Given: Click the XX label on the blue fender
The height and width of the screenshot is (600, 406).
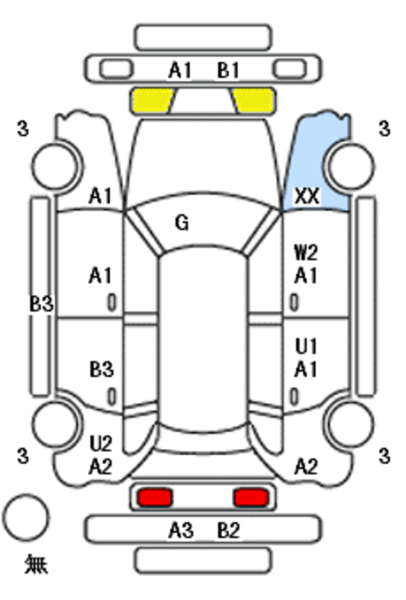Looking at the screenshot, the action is point(307,196).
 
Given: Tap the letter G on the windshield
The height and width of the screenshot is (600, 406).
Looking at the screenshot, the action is point(182,223).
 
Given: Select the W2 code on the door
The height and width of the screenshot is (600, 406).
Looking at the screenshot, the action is point(306,253).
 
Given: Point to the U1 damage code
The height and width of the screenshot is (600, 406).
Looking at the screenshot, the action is point(306,346).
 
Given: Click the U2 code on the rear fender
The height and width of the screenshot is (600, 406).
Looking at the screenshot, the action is point(101,443).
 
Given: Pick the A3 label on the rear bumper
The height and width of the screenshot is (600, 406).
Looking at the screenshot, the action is point(181,531).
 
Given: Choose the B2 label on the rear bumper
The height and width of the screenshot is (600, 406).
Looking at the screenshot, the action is point(228,531).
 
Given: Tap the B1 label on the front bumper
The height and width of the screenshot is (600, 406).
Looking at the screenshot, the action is point(228,71).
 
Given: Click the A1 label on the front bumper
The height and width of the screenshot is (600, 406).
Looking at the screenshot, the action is point(180,71).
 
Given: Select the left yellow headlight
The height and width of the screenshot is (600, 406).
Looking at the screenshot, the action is point(152,101).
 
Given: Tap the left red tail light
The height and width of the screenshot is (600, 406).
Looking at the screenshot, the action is point(155,497).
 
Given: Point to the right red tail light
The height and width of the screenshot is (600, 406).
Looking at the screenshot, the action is point(252,497).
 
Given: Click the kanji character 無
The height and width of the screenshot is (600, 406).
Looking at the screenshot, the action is point(37,564).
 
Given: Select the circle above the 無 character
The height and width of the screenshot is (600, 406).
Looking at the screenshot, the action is point(26,517).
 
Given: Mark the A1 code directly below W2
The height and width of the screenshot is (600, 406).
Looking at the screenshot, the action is point(306,276).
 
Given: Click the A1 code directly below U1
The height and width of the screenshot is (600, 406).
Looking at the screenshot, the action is point(306,370).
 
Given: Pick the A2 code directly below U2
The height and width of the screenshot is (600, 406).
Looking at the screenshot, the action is point(100,466).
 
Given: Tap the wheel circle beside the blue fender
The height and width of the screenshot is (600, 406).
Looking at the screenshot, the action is point(351,166).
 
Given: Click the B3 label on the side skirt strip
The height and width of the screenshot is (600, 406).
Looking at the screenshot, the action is point(41,304).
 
